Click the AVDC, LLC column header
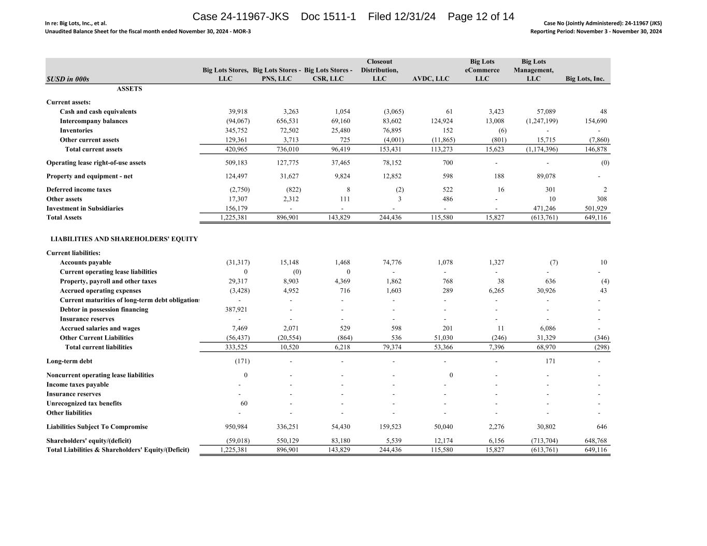(x=431, y=79)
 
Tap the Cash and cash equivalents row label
(x=98, y=112)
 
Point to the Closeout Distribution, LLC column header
(x=379, y=70)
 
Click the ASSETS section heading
(x=129, y=89)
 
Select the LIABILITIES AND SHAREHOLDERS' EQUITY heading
(x=124, y=239)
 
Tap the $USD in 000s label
(x=68, y=79)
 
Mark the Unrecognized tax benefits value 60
(x=243, y=403)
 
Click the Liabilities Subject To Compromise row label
(x=97, y=427)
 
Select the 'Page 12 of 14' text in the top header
(x=481, y=17)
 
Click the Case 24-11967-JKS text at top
(x=240, y=17)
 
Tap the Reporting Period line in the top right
(x=596, y=32)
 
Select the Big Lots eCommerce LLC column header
(x=482, y=70)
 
